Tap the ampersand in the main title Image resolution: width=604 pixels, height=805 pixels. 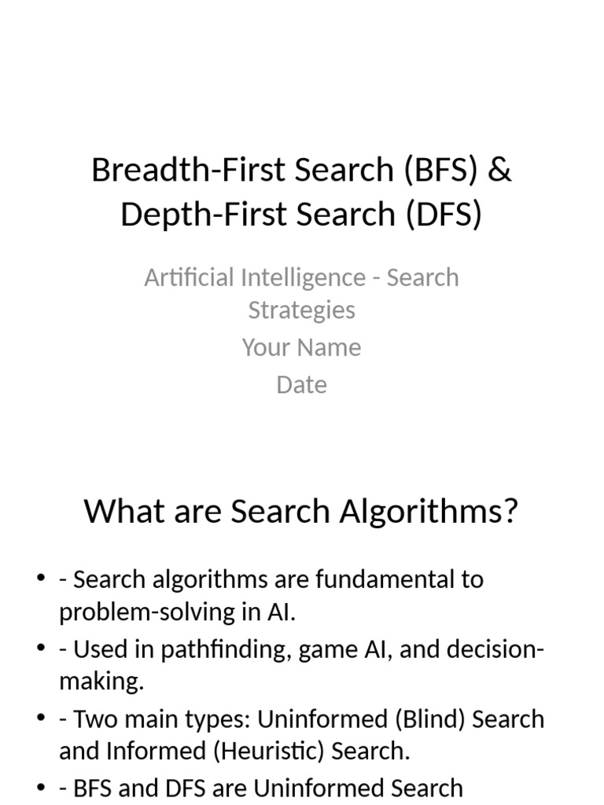click(499, 170)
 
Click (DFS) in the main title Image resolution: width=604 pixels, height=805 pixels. click(444, 215)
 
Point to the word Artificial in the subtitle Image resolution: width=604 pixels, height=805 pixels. click(189, 278)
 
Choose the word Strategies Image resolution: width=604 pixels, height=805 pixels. click(302, 310)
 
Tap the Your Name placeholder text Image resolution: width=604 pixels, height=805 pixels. click(302, 347)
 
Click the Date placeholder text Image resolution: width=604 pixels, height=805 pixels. click(302, 384)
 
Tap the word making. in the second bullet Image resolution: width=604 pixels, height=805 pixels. click(101, 682)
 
